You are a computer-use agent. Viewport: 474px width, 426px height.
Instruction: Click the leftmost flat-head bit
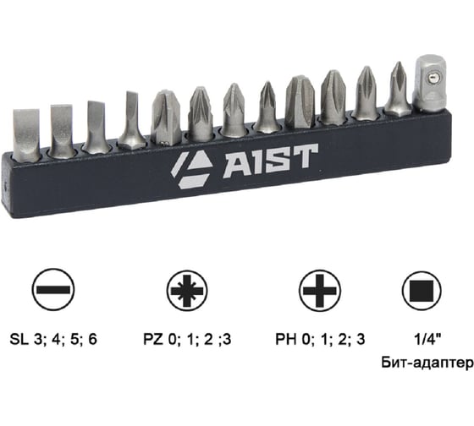tap(28, 134)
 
